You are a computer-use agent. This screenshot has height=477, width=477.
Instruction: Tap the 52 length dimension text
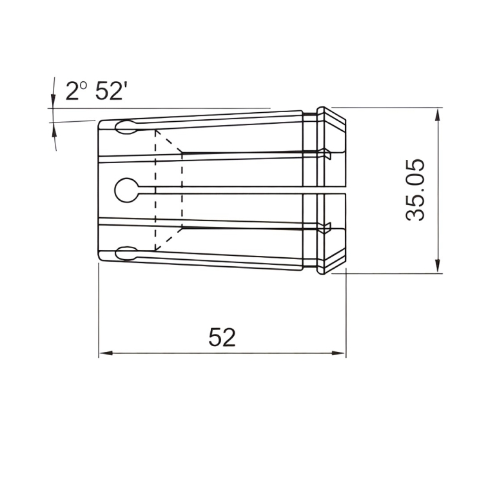pos(222,337)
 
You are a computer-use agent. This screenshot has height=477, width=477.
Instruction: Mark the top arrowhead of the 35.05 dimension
pos(438,115)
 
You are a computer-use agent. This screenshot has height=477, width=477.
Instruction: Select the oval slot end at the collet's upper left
pos(126,128)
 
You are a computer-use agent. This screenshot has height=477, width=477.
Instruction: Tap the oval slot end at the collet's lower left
pos(126,253)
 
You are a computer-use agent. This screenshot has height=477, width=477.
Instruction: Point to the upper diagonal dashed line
pos(170,142)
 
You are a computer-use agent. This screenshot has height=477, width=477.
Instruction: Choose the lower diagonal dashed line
pos(170,239)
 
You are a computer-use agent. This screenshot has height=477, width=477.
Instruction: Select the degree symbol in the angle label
pos(83,84)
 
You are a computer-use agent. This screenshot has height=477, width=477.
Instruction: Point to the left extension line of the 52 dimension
pos(99,309)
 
